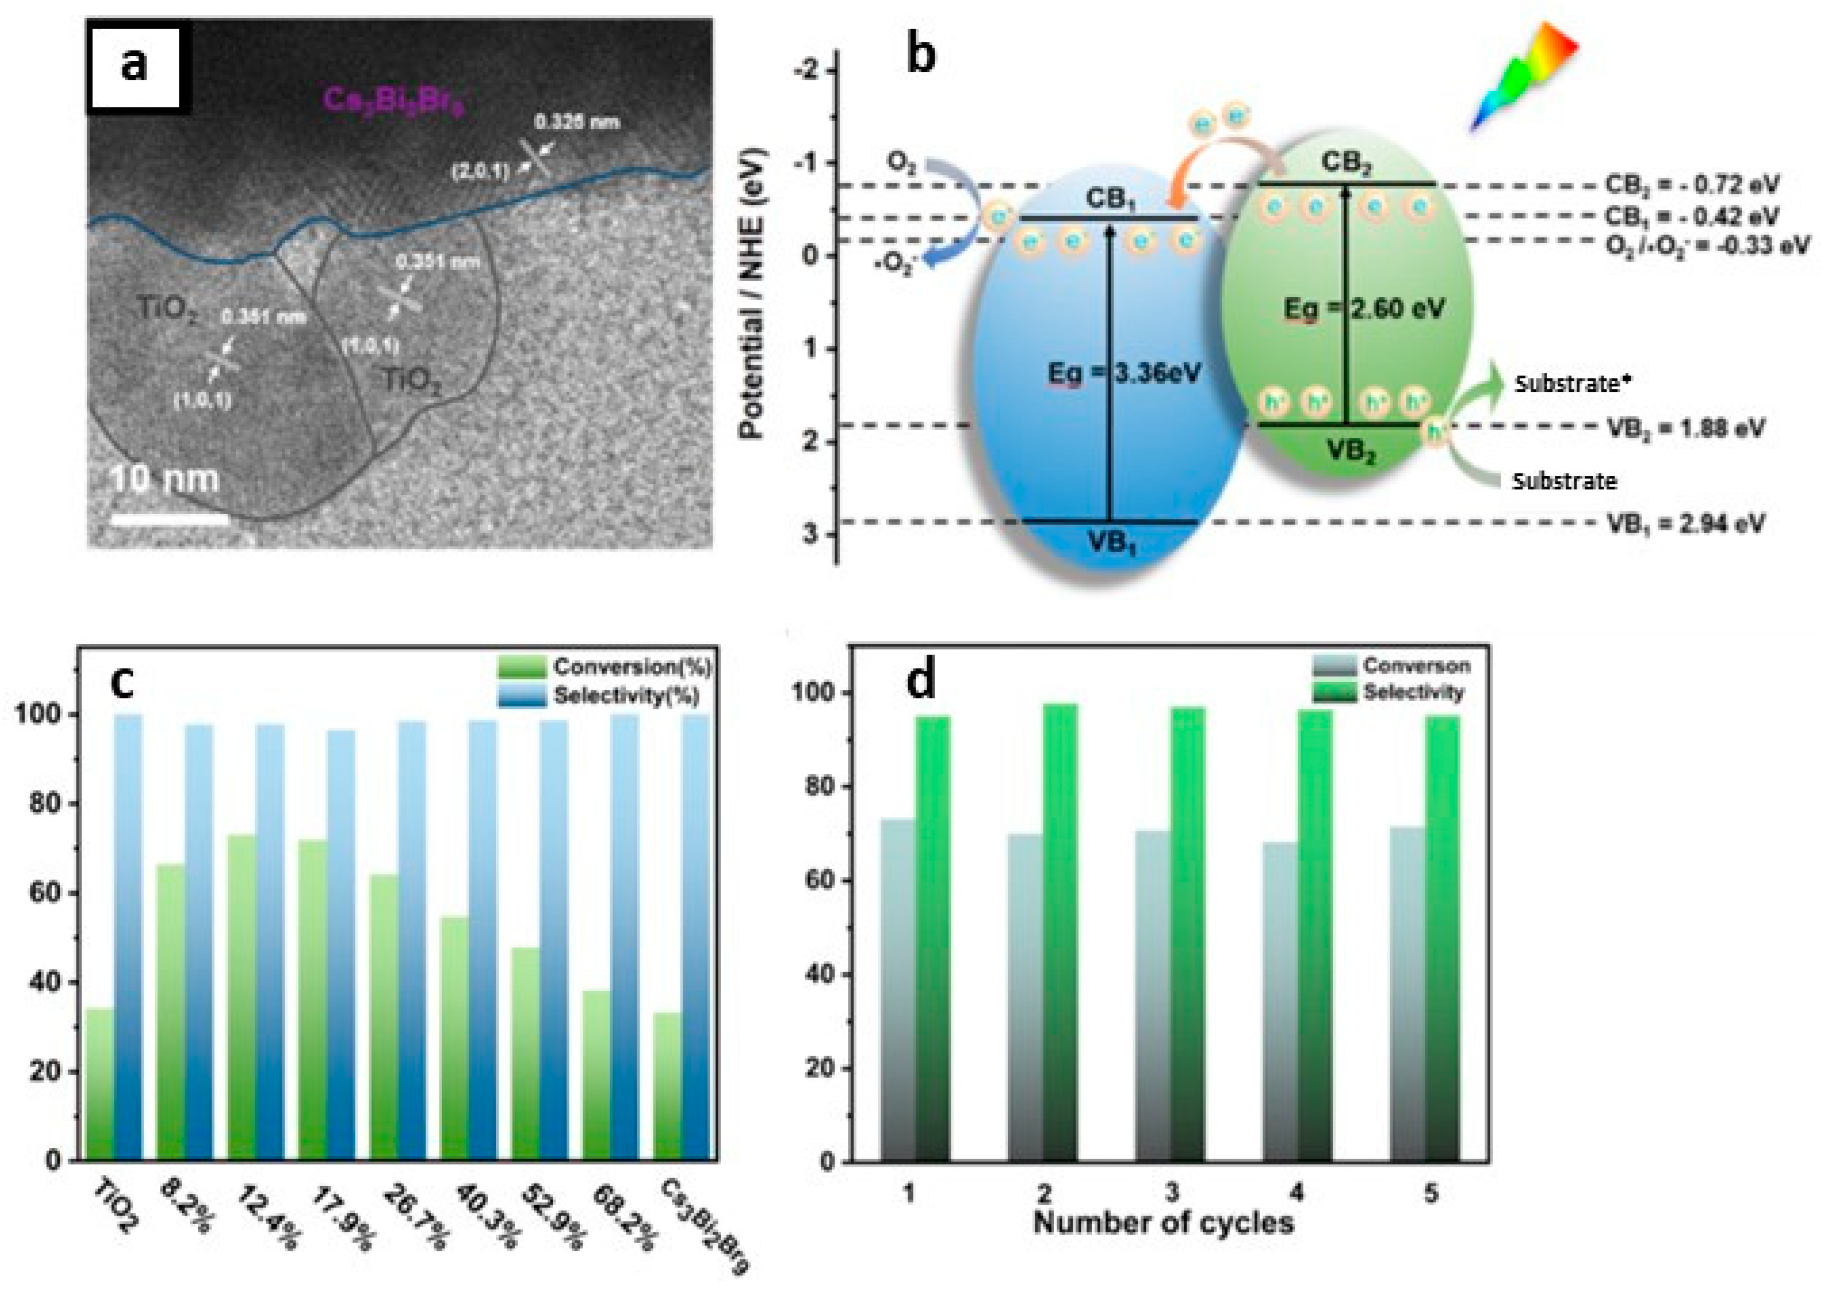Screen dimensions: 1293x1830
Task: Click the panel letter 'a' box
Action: click(x=134, y=66)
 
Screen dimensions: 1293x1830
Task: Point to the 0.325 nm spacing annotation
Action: click(x=576, y=122)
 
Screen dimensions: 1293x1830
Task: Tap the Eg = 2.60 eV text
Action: click(x=1365, y=308)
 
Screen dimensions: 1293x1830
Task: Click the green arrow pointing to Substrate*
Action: click(x=1475, y=391)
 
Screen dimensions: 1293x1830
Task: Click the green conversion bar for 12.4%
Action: click(x=242, y=997)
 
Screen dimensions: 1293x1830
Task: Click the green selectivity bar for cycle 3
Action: click(x=1187, y=933)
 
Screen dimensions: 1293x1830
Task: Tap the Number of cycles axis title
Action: click(x=1164, y=1222)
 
